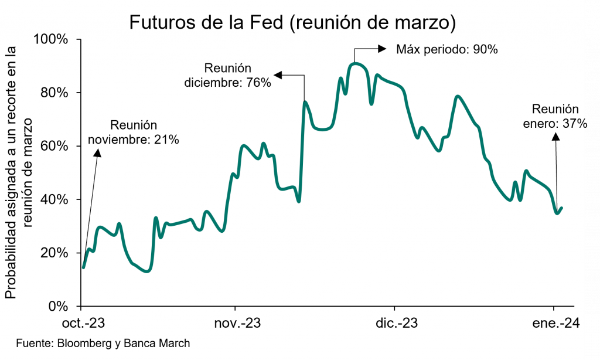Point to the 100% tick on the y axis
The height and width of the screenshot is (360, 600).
(53, 39)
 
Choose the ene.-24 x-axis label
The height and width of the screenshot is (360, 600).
(554, 324)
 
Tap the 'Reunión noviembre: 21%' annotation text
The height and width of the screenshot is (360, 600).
(134, 133)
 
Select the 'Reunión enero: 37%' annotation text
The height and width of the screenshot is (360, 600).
(554, 116)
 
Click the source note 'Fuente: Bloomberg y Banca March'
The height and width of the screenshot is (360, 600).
(103, 343)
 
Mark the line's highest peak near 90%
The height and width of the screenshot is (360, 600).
(356, 63)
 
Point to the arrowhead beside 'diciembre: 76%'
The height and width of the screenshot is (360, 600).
(278, 75)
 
